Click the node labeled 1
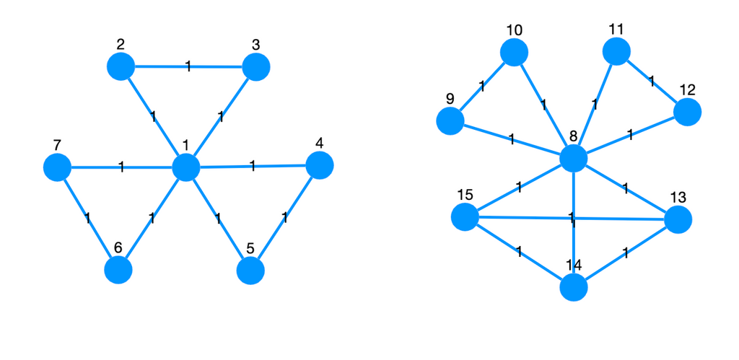point(185,167)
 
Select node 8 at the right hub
point(573,158)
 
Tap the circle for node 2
point(121,67)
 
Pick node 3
point(256,68)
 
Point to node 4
point(320,165)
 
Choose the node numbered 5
point(250,271)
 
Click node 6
point(118,271)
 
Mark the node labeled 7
point(56,168)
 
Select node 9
point(450,121)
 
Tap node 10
point(514,53)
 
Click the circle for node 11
point(616,52)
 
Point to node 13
point(678,219)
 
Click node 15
point(465,217)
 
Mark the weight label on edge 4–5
point(285,217)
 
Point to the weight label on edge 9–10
point(482,87)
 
